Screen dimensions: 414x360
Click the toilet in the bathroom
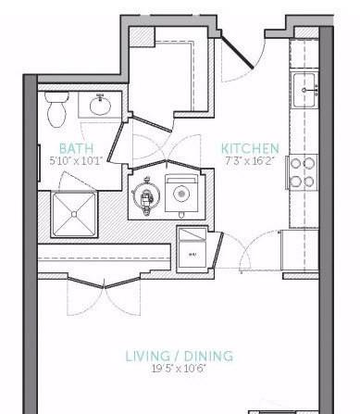tap(56, 110)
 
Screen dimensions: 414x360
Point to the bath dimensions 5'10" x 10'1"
tap(76, 161)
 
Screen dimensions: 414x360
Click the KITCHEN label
tap(250, 148)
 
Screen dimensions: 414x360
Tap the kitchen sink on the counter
tap(305, 90)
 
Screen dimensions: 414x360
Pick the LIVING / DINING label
tap(179, 357)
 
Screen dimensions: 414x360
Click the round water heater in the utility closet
tap(145, 195)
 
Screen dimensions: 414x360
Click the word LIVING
tap(146, 357)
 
